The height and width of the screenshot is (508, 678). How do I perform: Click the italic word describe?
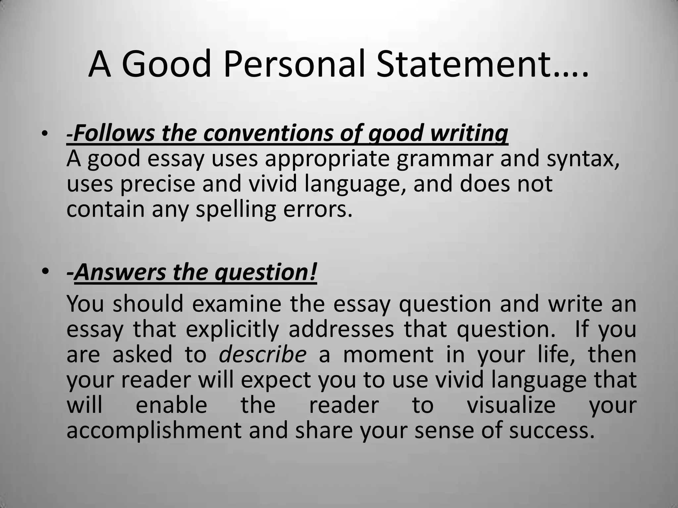263,354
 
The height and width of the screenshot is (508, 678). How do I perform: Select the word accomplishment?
154,430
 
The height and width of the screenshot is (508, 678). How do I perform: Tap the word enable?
171,405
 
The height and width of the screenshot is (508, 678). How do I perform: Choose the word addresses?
341,329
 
